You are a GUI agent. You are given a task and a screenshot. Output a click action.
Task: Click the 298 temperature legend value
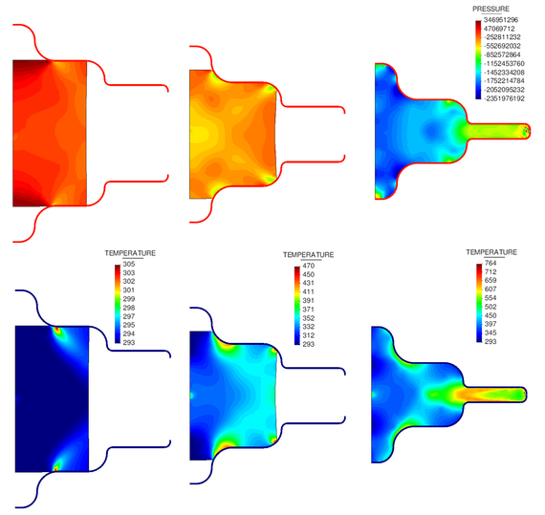134,308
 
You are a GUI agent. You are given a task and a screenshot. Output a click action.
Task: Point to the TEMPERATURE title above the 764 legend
492,252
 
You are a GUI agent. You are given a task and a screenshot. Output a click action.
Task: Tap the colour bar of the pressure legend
476,58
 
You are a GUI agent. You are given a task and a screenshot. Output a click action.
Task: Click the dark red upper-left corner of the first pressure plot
21,69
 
